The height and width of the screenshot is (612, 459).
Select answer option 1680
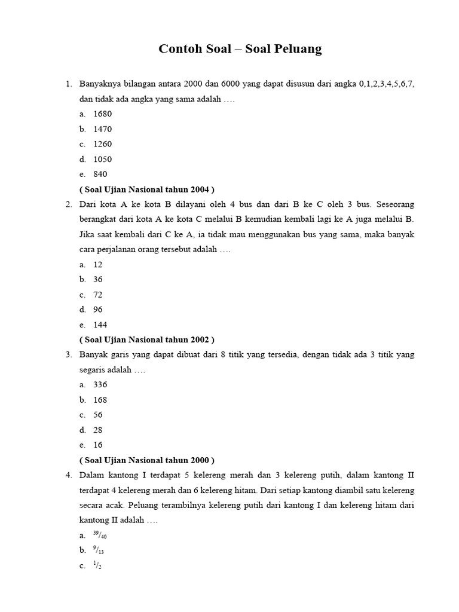pyautogui.click(x=103, y=114)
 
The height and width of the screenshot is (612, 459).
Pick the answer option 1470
pyautogui.click(x=103, y=129)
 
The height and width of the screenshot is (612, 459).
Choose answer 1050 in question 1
pyautogui.click(x=103, y=159)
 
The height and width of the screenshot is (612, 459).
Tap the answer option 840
pyautogui.click(x=100, y=174)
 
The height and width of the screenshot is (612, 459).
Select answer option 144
pyautogui.click(x=100, y=325)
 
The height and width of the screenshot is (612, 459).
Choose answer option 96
pyautogui.click(x=99, y=310)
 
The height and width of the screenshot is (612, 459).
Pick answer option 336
pyautogui.click(x=100, y=385)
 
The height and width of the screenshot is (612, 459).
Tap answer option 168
pyautogui.click(x=100, y=400)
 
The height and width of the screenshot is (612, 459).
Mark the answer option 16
pyautogui.click(x=99, y=445)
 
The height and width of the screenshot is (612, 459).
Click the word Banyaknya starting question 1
pyautogui.click(x=99, y=84)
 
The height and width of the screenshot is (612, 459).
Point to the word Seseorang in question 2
pyautogui.click(x=395, y=204)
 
